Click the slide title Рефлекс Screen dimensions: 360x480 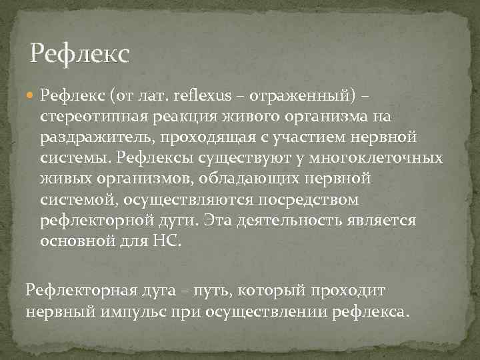click(x=79, y=54)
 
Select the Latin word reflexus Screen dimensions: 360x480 click(x=199, y=97)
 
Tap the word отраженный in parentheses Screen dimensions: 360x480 click(x=297, y=97)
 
